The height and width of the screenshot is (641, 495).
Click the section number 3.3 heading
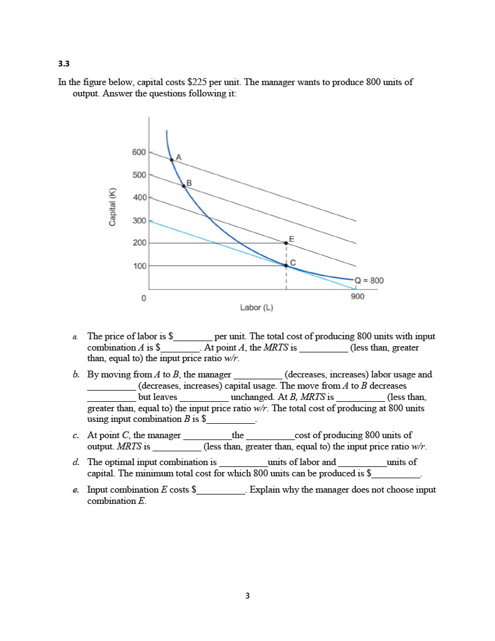click(63, 63)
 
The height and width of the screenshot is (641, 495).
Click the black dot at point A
click(171, 160)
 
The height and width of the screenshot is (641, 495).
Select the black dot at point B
click(183, 185)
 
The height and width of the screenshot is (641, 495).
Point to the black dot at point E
click(287, 243)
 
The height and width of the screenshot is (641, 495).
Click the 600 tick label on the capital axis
click(139, 152)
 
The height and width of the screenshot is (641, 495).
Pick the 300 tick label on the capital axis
click(139, 220)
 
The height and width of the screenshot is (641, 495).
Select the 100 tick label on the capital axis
click(139, 266)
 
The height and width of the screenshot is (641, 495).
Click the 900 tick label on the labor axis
click(357, 297)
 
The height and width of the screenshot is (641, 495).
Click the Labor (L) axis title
click(257, 307)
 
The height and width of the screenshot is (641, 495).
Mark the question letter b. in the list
click(76, 375)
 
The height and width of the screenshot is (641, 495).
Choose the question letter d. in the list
click(76, 463)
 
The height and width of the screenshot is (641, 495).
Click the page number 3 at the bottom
click(247, 596)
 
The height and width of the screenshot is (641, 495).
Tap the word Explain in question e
click(263, 490)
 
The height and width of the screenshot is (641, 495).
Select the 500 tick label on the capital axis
click(139, 175)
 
